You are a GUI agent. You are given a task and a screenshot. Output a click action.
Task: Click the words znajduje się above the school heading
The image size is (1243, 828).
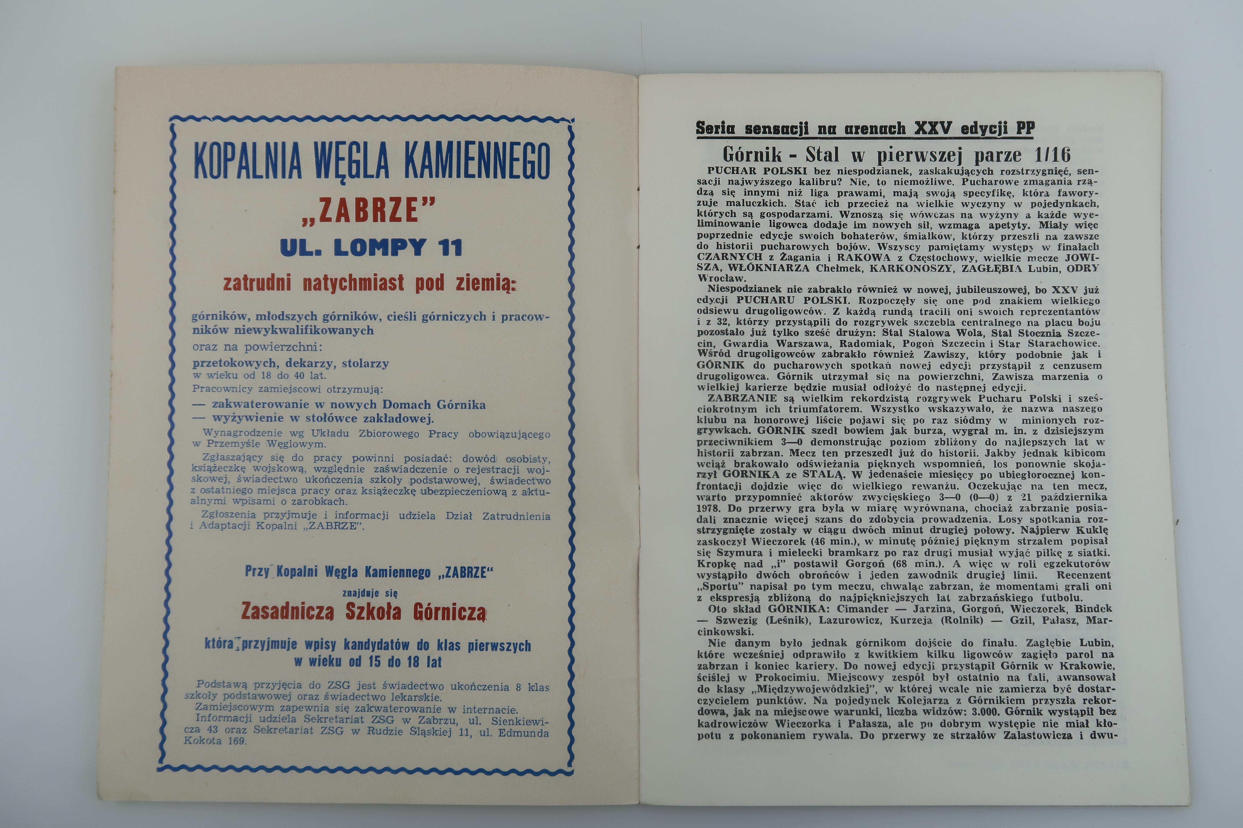[x=370, y=593]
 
